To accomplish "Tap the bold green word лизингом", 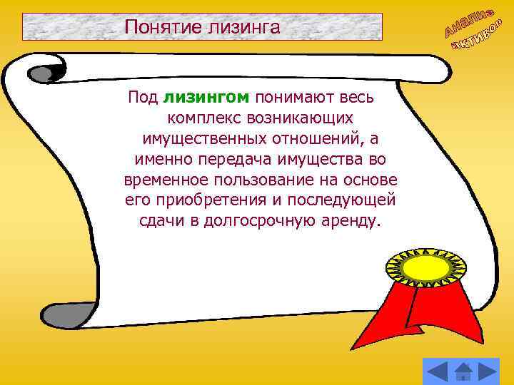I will pyautogui.click(x=206, y=97).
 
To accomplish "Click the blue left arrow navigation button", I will pyautogui.click(x=437, y=370).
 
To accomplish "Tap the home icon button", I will pyautogui.click(x=463, y=371).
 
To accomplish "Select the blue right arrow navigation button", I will pyautogui.click(x=489, y=370).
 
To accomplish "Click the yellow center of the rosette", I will pyautogui.click(x=418, y=268).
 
